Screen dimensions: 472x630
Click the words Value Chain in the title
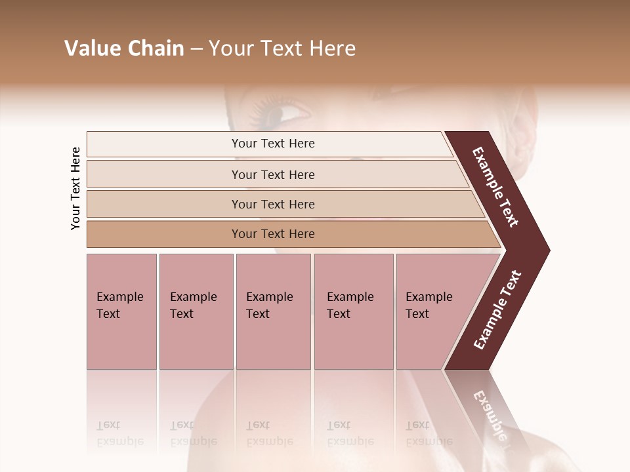(124, 49)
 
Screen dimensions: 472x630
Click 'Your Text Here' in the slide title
(282, 49)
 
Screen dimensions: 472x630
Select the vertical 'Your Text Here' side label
(75, 188)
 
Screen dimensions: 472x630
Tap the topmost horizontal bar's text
(273, 144)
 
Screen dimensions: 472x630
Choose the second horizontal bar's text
(273, 174)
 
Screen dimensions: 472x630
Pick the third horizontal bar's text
(273, 204)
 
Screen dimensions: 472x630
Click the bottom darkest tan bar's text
(273, 234)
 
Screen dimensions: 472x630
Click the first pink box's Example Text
(119, 305)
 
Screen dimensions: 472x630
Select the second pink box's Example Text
(193, 305)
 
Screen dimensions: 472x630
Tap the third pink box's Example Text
(269, 305)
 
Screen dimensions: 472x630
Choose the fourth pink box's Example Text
(350, 305)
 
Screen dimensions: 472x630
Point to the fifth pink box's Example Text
(429, 305)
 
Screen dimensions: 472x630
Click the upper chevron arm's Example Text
(495, 187)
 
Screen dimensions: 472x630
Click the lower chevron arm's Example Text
(497, 310)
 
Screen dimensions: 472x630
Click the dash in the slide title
(196, 49)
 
